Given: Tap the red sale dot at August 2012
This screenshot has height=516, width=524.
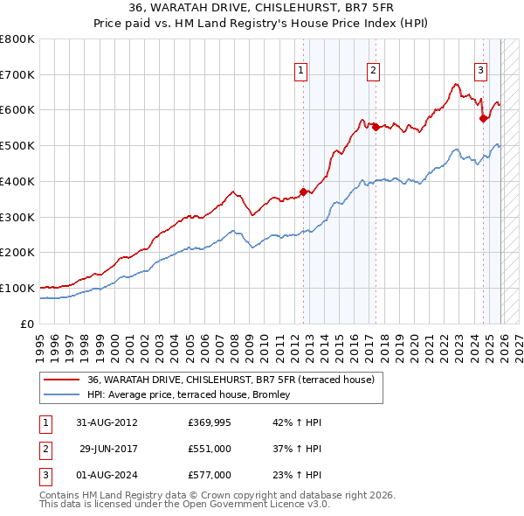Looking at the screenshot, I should click(x=304, y=192).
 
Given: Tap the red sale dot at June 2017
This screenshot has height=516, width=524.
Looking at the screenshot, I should click(x=376, y=127).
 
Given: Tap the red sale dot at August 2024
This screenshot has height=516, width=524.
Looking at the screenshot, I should click(x=483, y=118).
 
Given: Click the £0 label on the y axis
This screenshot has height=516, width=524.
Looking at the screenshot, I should click(x=27, y=324).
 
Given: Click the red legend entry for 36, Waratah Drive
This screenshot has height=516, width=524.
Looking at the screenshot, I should click(x=231, y=380).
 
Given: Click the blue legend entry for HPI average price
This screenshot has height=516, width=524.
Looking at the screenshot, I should click(x=194, y=395).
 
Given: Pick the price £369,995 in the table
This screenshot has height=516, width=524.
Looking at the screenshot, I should click(x=210, y=422).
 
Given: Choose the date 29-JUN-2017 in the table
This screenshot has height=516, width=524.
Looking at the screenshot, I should click(x=108, y=449).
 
